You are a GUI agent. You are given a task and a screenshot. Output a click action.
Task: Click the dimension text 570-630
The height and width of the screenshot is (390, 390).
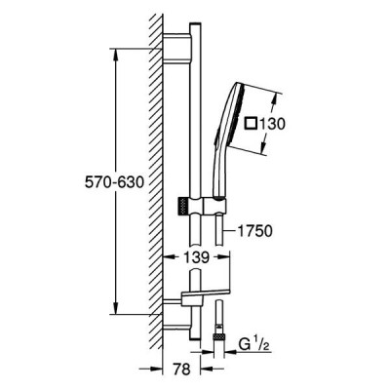114,182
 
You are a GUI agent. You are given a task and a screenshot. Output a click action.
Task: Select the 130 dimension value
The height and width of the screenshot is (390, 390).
272,124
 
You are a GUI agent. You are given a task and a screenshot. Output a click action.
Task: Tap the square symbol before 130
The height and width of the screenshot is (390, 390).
252,124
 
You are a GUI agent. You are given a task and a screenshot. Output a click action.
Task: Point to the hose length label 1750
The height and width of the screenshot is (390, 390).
254,231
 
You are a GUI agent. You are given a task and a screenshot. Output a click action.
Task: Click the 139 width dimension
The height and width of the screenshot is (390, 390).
196,257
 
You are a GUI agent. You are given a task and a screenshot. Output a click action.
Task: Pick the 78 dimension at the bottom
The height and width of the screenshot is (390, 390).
181,370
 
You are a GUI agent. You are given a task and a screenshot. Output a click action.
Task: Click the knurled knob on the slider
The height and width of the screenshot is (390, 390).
183,206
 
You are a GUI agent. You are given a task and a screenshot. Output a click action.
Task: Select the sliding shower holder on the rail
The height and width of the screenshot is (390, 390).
208,206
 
